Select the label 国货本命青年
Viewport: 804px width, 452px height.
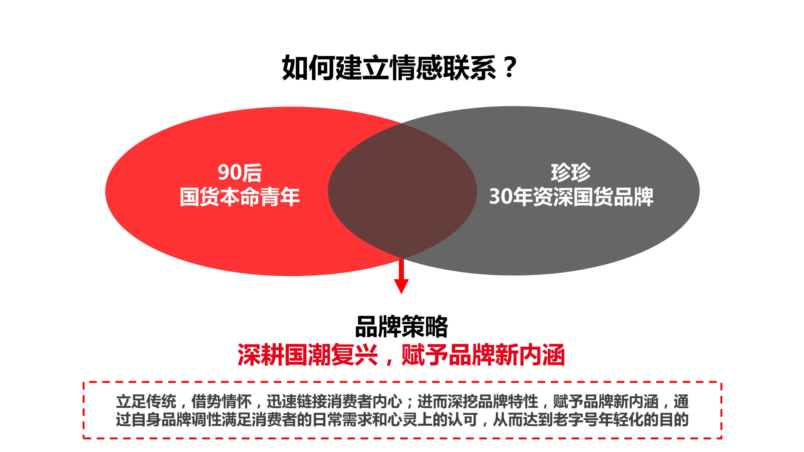pos(240,197)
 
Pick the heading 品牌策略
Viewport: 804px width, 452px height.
pos(402,327)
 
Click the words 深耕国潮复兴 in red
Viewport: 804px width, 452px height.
pos(308,355)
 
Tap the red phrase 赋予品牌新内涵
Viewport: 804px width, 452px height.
pos(483,355)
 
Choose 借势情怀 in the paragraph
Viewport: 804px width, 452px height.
pos(222,402)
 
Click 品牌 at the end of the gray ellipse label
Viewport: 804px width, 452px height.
pos(633,197)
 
